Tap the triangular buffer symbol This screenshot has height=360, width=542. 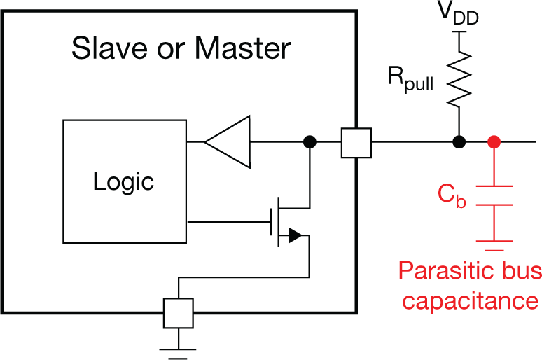(x=230, y=142)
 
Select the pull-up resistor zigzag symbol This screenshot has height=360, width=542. (x=459, y=83)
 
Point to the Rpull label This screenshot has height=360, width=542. (x=412, y=80)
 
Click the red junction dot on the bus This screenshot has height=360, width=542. (x=495, y=142)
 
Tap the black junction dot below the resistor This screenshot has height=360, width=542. (x=459, y=142)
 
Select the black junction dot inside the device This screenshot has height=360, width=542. (x=309, y=142)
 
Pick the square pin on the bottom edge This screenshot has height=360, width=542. (x=179, y=312)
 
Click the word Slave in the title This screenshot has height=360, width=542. (x=103, y=49)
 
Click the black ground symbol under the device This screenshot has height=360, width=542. (x=179, y=350)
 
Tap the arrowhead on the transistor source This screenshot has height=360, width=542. (x=295, y=236)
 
